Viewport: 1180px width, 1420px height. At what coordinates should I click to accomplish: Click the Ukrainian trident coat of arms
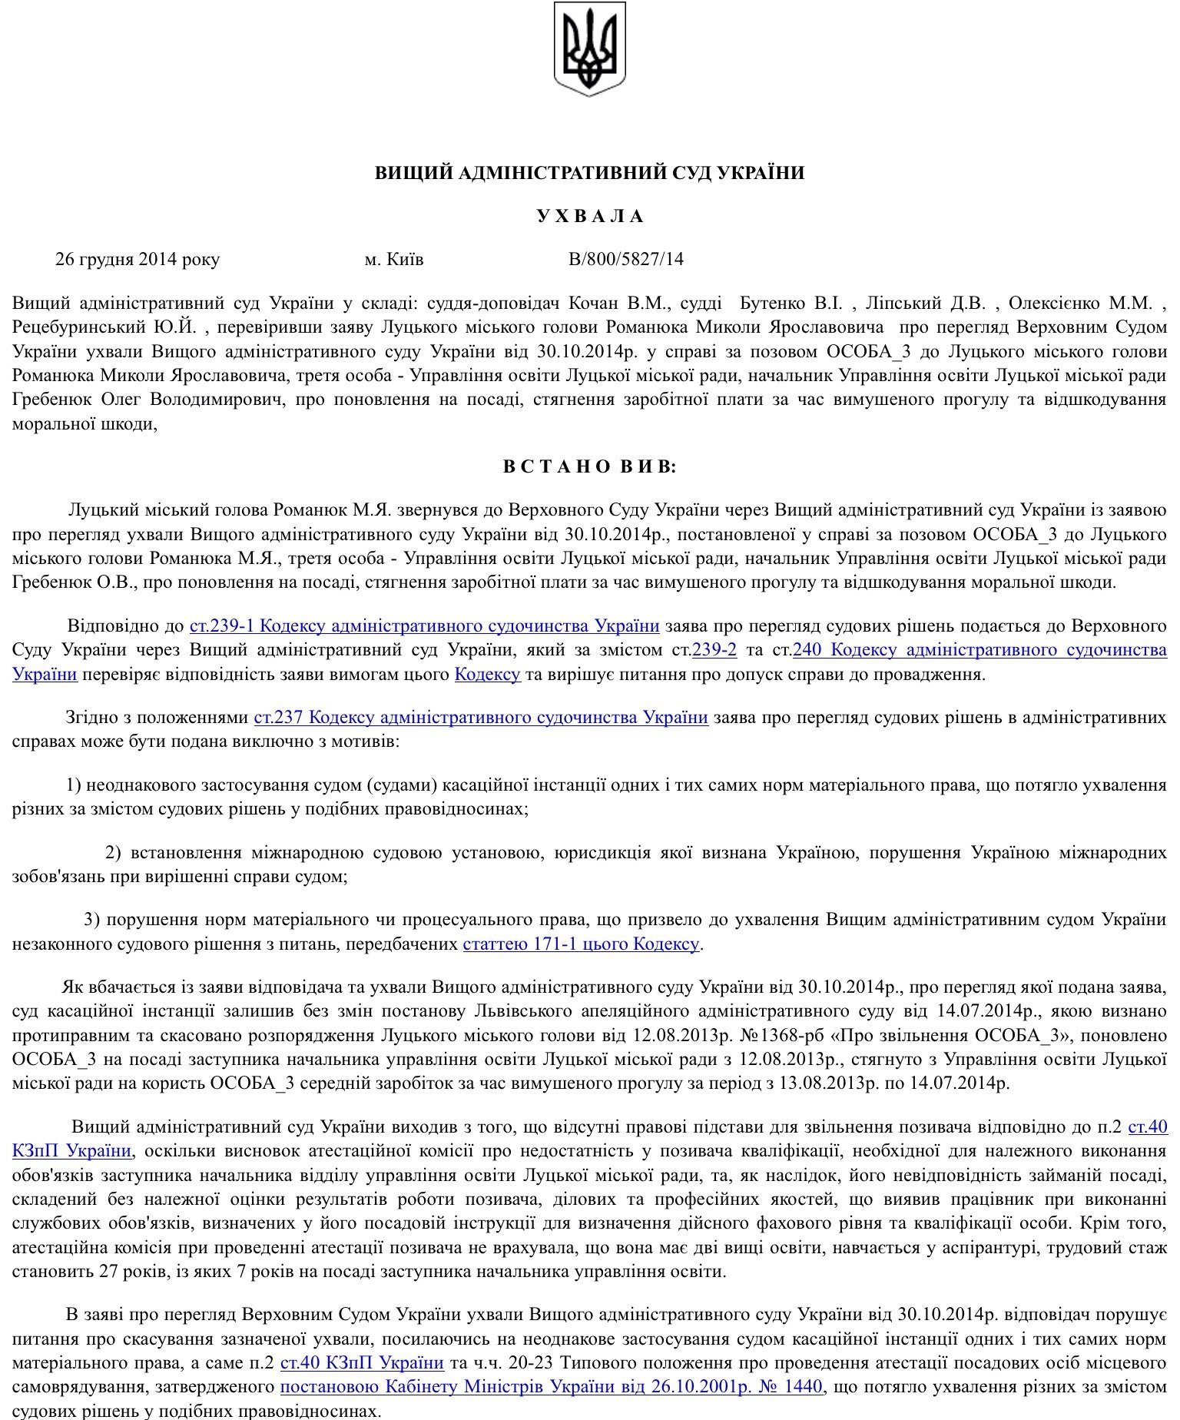[589, 49]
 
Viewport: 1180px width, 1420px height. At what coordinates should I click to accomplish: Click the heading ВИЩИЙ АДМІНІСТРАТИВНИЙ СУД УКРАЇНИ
[589, 173]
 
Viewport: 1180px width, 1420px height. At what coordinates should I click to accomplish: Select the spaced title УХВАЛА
[589, 216]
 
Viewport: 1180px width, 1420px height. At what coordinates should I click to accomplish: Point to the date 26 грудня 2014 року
[138, 259]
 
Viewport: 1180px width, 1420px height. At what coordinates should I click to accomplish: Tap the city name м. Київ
[393, 259]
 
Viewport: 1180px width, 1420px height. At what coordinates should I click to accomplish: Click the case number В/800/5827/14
[625, 259]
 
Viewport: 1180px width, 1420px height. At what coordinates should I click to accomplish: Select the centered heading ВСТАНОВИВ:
[589, 466]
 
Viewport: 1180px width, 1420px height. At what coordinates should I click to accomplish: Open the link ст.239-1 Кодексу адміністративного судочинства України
[424, 625]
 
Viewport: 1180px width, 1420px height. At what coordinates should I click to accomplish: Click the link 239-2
[714, 649]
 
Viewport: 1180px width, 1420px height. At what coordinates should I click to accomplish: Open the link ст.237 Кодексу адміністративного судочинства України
[481, 717]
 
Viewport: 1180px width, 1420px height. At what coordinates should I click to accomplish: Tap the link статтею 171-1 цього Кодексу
[581, 943]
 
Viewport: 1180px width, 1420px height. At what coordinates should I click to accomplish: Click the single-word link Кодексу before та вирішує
[487, 675]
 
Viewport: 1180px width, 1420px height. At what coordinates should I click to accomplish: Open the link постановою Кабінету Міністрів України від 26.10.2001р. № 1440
[551, 1386]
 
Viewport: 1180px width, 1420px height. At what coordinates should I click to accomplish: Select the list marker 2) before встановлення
[113, 852]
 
